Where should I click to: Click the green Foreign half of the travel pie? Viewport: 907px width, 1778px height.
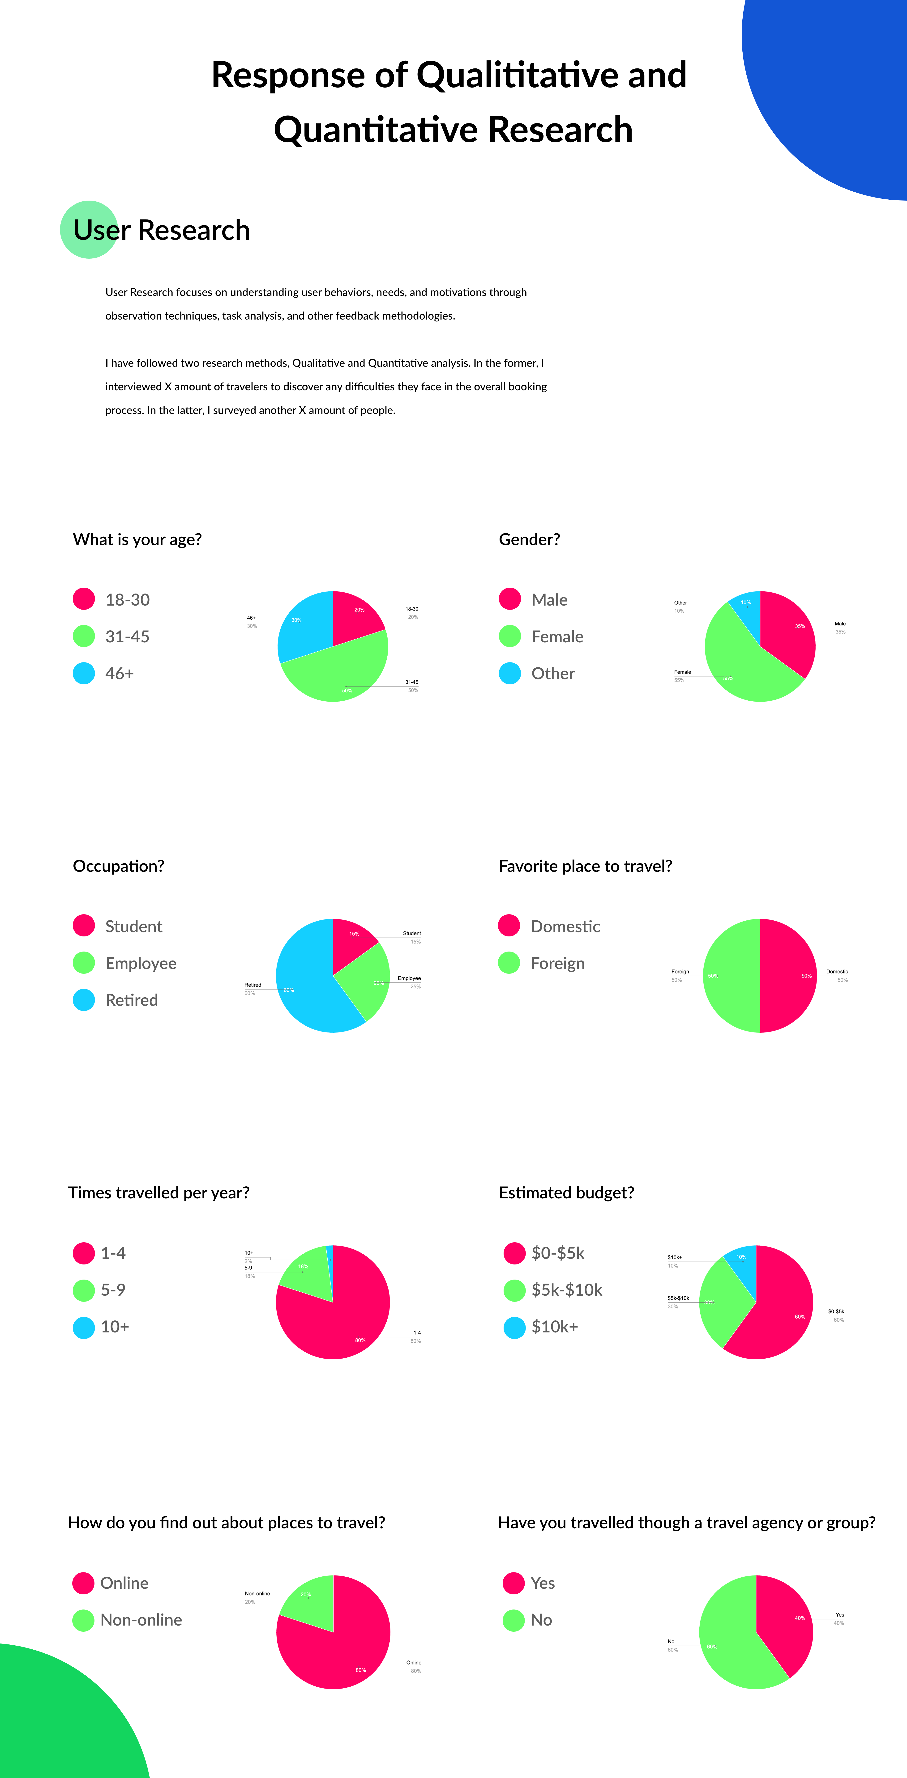tap(731, 975)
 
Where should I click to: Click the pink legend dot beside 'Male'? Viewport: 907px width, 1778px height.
tap(510, 599)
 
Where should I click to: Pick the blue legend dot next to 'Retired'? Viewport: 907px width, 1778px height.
tap(84, 1000)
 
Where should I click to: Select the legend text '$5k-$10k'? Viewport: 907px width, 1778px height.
tap(566, 1290)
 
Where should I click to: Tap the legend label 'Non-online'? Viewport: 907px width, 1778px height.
tap(141, 1620)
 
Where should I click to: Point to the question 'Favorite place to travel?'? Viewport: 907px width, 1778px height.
tap(585, 866)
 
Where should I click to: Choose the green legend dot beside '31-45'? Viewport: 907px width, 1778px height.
tap(84, 636)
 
